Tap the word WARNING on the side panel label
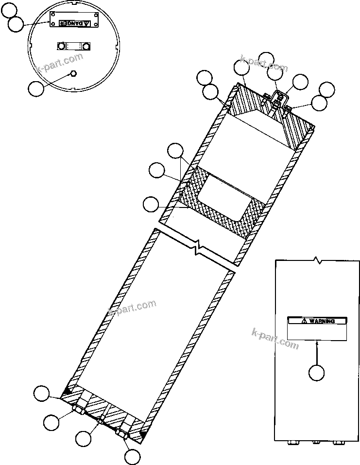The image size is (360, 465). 322,321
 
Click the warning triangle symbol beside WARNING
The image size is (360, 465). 304,321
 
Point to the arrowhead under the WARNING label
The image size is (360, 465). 317,342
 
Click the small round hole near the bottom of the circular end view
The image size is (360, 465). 73,73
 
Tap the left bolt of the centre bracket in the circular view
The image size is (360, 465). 61,46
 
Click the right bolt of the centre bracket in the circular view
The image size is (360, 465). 86,46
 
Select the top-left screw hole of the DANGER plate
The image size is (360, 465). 53,14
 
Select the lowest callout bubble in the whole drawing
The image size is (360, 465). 132,457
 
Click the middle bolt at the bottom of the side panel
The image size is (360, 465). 315,443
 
